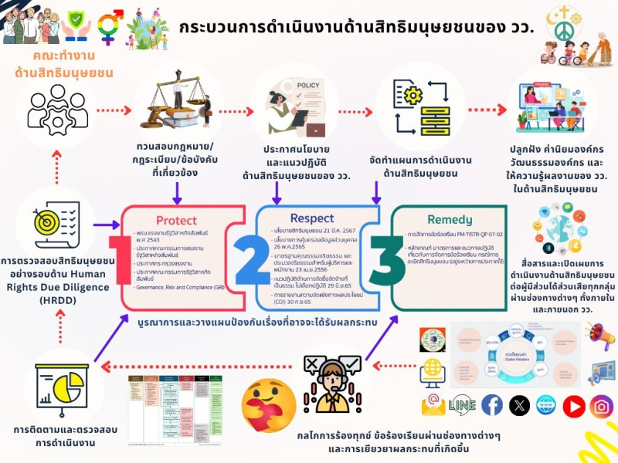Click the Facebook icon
[492, 404]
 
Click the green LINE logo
[462, 404]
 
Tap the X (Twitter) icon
[519, 404]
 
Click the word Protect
[176, 220]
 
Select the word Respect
[312, 218]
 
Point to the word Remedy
[449, 219]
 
